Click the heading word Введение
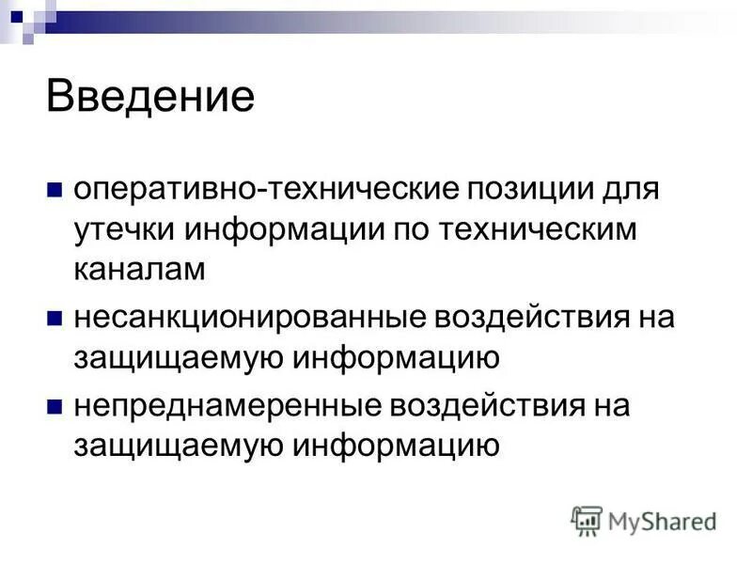[150, 97]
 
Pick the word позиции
[521, 187]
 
